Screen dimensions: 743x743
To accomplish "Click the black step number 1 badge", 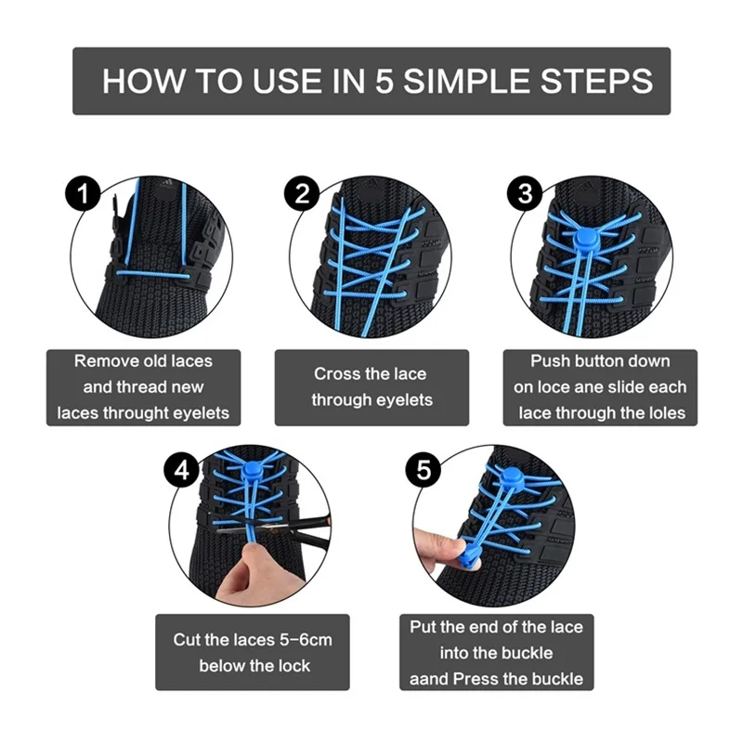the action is (x=83, y=194).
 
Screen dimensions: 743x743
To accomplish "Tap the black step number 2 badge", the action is (x=302, y=194).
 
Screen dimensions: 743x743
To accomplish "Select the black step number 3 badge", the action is (x=525, y=194).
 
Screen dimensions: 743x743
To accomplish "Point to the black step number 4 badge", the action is (x=181, y=471).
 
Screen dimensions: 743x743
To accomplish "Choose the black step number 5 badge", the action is (x=424, y=471).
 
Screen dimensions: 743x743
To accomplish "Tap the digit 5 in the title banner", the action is (x=385, y=81).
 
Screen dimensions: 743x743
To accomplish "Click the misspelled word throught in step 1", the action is (x=136, y=413).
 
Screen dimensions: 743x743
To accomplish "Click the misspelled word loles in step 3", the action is (x=668, y=412).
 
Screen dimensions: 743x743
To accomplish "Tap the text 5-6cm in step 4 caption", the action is (x=306, y=640).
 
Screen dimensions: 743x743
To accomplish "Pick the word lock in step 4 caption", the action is (x=294, y=666).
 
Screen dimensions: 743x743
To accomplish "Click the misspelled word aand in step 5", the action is (x=429, y=679).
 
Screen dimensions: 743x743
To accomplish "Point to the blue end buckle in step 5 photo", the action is (x=469, y=559).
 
